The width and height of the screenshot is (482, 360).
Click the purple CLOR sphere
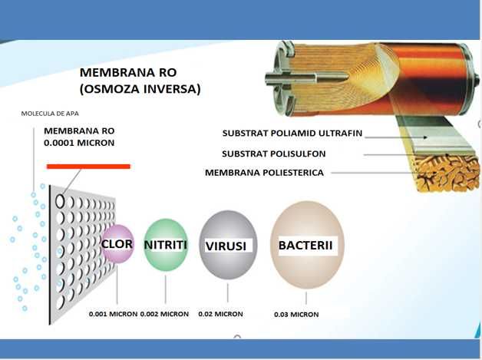(x=117, y=243)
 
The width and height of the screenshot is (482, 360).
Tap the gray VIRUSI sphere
(x=228, y=245)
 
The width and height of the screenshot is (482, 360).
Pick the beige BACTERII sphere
(x=307, y=245)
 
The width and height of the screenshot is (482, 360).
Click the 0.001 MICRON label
(x=112, y=314)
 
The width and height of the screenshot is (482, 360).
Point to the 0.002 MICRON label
(x=166, y=314)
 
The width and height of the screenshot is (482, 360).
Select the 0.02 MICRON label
(x=221, y=314)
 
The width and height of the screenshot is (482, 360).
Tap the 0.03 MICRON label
(x=296, y=315)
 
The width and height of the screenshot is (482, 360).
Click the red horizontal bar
(x=88, y=166)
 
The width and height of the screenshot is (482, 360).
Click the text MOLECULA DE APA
(x=49, y=114)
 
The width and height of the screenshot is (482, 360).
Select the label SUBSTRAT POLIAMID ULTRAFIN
(x=292, y=133)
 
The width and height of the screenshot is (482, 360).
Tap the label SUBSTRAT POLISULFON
(x=276, y=154)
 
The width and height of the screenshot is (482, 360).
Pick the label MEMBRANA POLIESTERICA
(x=264, y=173)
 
